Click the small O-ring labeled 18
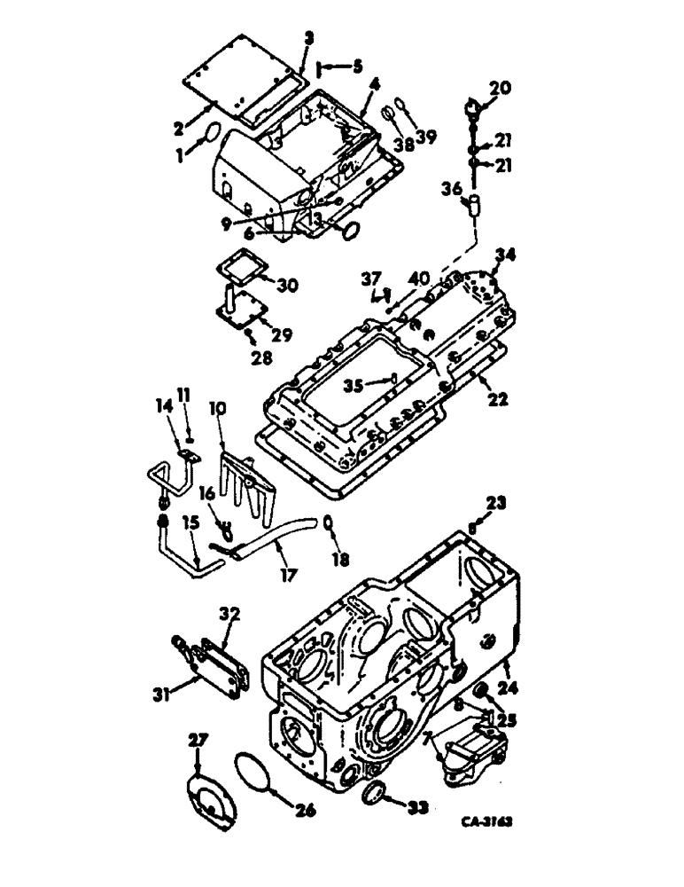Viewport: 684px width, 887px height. click(328, 522)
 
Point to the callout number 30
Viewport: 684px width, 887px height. click(288, 286)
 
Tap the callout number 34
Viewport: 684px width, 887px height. click(505, 257)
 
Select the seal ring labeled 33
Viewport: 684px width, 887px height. click(376, 792)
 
